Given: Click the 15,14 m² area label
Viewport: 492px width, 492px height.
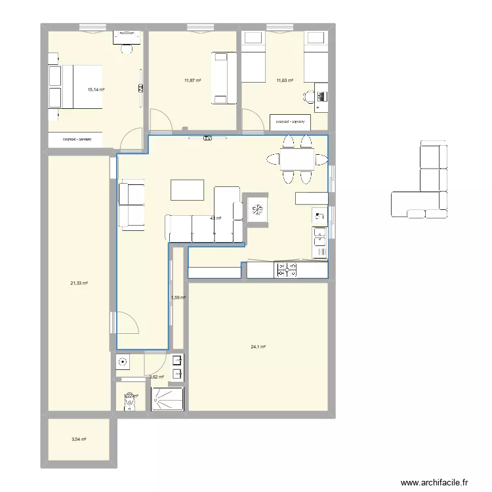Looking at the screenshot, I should [x=96, y=91].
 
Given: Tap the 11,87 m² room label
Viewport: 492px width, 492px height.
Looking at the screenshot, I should [x=193, y=81].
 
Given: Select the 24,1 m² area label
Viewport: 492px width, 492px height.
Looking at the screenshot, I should [x=257, y=347].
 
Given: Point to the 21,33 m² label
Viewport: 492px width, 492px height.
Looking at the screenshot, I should [x=79, y=283].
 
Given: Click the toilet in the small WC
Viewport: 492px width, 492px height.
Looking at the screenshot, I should [x=131, y=400].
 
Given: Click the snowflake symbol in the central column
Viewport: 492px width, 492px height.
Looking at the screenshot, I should [x=256, y=210].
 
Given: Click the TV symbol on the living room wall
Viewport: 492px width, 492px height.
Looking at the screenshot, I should [x=207, y=138].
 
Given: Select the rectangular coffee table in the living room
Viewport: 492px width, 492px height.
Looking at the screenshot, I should [x=188, y=190].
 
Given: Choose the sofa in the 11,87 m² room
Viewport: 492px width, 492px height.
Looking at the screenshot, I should [x=224, y=78].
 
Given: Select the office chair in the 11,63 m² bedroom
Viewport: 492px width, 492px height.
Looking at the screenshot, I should [x=308, y=97].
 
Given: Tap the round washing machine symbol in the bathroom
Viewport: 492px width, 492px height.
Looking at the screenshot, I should [x=122, y=361].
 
